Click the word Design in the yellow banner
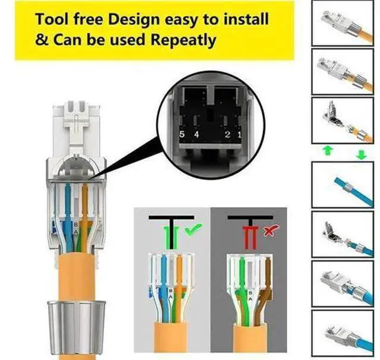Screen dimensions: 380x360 (134, 20)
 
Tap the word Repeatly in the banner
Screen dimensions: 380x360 (183, 40)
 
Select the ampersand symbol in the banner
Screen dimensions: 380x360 (42, 40)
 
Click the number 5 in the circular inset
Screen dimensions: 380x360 (182, 134)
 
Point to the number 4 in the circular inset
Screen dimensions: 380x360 (197, 134)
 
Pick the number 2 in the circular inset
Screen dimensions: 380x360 (227, 134)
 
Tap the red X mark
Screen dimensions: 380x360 (271, 230)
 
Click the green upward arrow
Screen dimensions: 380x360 (327, 150)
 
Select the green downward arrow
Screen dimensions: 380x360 (362, 154)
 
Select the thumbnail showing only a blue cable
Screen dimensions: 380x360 (342, 185)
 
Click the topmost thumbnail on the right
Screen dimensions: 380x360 (342, 23)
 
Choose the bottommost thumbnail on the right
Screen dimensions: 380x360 (342, 333)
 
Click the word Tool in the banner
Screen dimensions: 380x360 (52, 19)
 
